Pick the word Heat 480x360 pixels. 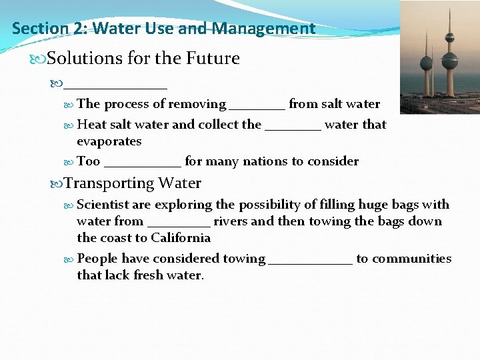(90, 124)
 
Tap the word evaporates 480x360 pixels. (109, 141)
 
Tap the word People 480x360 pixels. (98, 259)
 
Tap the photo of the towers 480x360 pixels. (439, 57)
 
